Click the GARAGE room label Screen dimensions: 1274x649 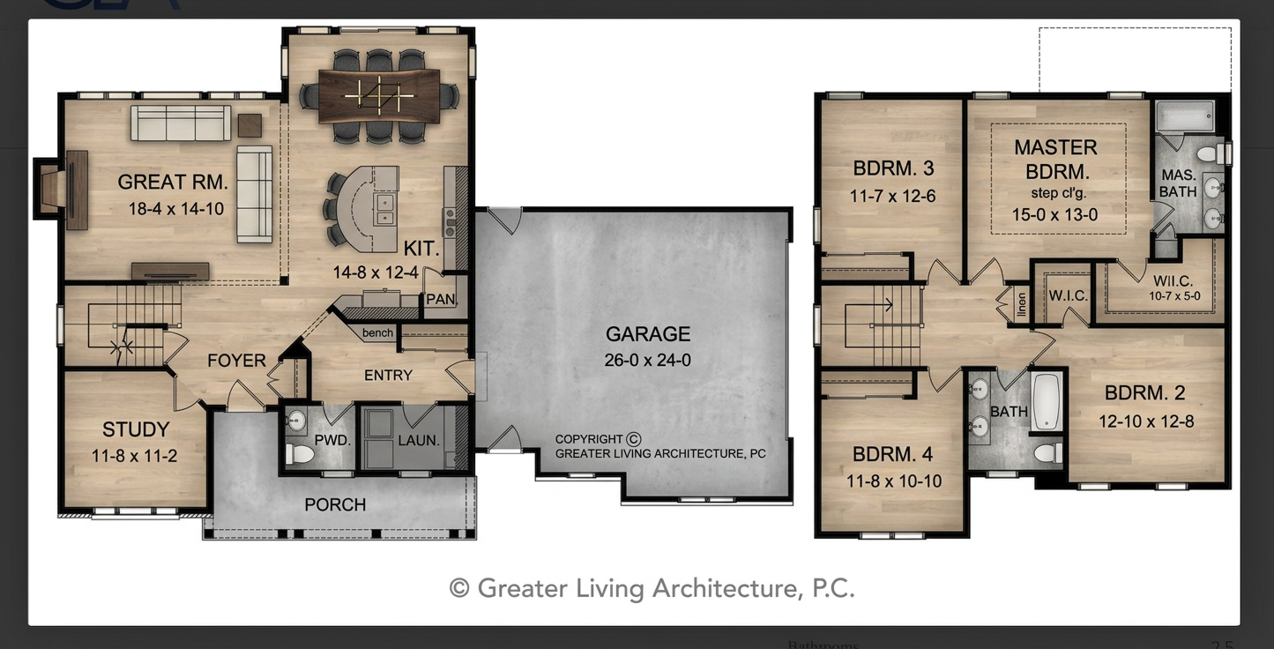[648, 334]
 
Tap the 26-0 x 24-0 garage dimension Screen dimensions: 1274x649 [648, 360]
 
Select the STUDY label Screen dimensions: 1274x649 [136, 429]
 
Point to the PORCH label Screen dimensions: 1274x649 [335, 504]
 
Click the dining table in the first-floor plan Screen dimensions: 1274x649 [379, 95]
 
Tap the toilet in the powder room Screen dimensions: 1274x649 [299, 454]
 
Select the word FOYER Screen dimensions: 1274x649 [236, 361]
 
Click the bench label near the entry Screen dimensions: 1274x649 [377, 332]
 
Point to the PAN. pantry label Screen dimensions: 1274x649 [442, 299]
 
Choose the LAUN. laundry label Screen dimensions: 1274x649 [419, 440]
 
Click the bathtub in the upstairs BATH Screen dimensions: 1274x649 [1047, 401]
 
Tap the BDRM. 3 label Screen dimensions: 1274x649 [893, 168]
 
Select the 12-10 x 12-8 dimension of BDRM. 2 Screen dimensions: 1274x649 [1146, 421]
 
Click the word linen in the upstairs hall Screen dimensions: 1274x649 [1022, 305]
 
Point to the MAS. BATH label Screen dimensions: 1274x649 [1178, 183]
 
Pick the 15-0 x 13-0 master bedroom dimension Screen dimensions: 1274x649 [1055, 215]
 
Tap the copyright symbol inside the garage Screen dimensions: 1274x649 [634, 439]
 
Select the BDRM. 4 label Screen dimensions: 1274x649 [892, 454]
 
